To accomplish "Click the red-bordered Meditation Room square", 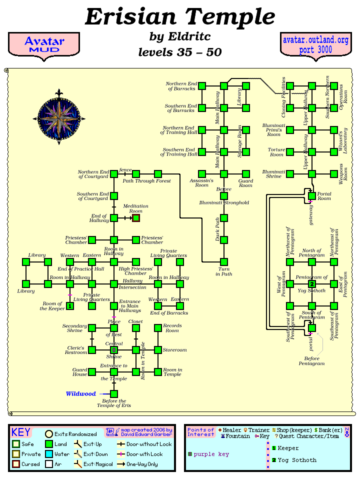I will tap(136, 218).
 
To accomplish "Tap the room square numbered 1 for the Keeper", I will tap(70, 306).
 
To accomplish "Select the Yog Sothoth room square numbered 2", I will tap(312, 284).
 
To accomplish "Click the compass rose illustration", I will tap(59, 117).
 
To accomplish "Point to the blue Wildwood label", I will tap(80, 394).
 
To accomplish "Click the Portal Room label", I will tap(324, 196).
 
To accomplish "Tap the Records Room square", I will tap(158, 328).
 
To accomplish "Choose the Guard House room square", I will tap(92, 372).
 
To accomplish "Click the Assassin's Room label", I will tap(201, 182).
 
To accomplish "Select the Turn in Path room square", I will tap(224, 262).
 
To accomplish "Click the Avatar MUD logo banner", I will tap(44, 45).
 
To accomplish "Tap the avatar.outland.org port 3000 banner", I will tap(315, 45).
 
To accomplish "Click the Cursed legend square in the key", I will tap(16, 464).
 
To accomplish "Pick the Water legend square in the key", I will tap(49, 454).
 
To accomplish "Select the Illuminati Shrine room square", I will tap(290, 174).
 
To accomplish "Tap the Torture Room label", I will tap(276, 152).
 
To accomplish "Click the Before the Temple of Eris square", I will tap(114, 394).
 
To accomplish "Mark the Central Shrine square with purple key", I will tap(114, 350).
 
